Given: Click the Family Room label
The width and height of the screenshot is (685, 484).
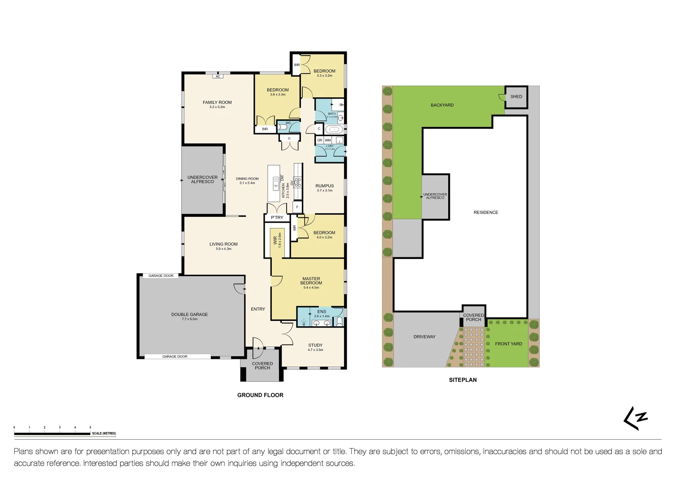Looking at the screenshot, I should coord(217,103).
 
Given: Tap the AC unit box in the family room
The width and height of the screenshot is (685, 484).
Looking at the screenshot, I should coord(218,77).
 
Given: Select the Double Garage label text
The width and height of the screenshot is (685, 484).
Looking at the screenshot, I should coord(189,315).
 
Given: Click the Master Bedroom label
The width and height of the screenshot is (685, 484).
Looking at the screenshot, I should coord(311,281).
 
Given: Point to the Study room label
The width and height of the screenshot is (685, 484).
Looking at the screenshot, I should coord(315,346).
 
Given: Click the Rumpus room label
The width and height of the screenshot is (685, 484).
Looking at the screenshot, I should coord(324,186).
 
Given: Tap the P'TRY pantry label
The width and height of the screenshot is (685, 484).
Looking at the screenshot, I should coord(277,218).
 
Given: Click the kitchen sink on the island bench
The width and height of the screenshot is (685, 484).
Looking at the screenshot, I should coord(275,184).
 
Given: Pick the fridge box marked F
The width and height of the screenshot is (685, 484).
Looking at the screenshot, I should coord(297,207).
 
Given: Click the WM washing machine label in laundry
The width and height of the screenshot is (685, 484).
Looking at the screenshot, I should coord(328,140).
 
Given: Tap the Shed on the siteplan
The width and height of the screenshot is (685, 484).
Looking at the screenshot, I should coord(516,97).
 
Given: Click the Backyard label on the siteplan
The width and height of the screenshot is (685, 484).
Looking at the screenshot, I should coord(442,105).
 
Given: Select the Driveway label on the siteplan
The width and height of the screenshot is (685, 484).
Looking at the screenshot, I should coord(424,337).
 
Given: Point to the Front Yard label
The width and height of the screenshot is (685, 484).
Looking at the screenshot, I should coord(508,344).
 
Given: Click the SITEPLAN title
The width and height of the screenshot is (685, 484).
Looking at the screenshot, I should coord(462,380).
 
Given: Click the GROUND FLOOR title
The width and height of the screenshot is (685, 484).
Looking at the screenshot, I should coord(260,395).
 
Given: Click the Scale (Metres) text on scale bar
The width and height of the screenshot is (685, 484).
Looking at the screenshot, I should coord(104,433).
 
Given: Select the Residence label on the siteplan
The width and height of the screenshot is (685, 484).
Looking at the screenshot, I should coord(485,212).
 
